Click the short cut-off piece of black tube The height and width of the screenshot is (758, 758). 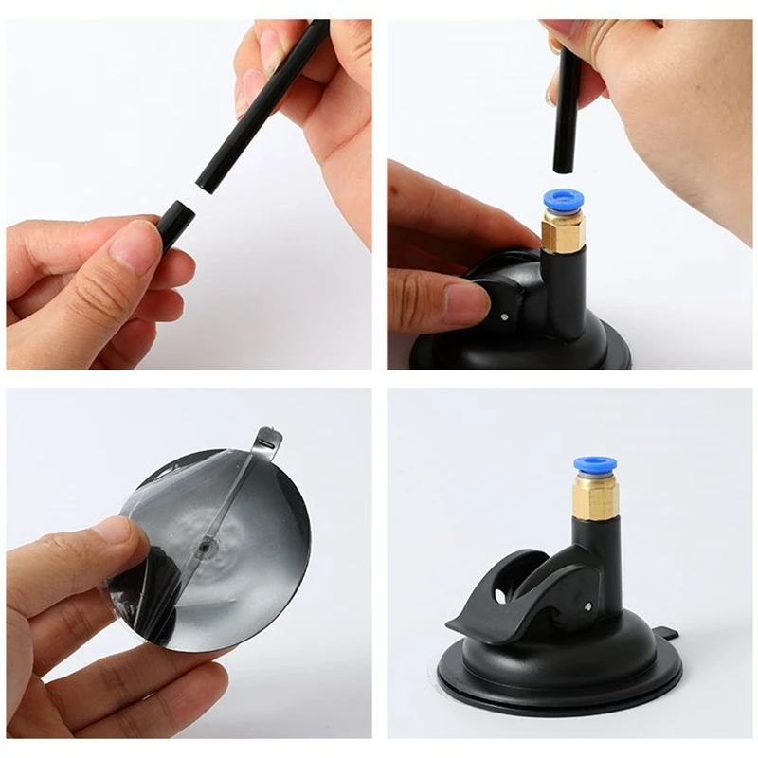[175, 224]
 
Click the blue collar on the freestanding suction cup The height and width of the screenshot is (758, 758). [594, 464]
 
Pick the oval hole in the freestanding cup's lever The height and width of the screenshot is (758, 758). [501, 596]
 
